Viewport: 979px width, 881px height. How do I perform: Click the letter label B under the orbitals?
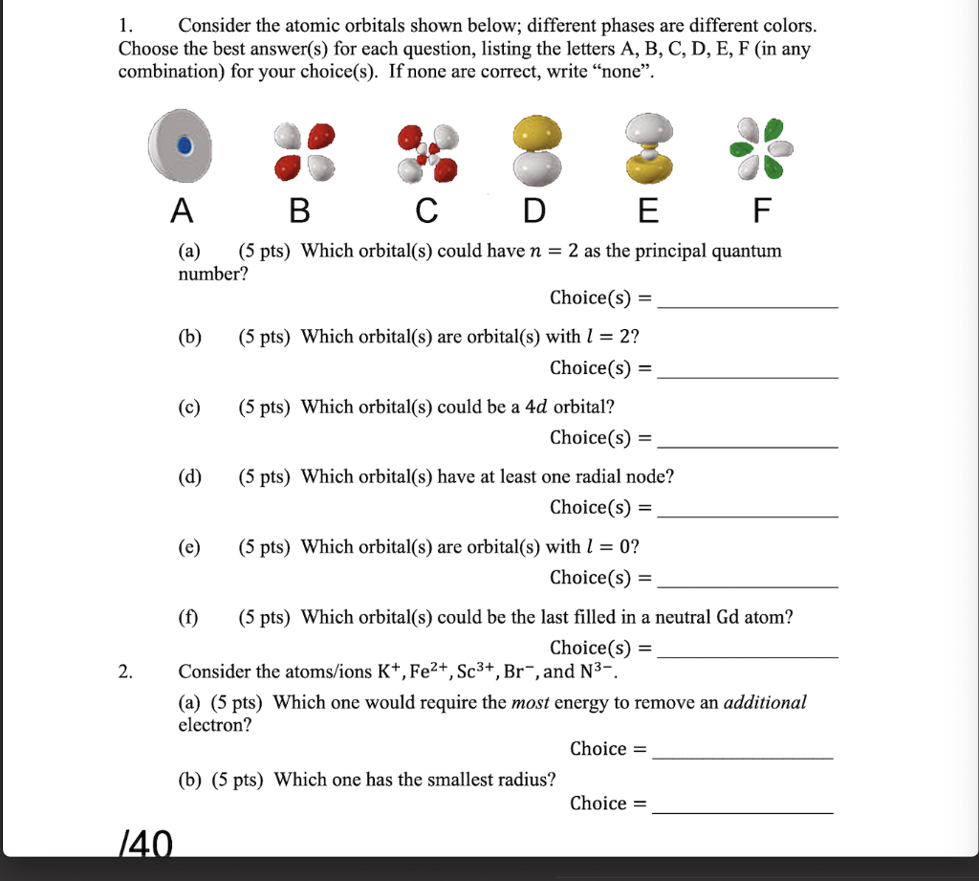[x=299, y=210]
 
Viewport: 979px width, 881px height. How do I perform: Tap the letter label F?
[x=761, y=210]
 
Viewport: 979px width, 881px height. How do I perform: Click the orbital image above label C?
[x=428, y=151]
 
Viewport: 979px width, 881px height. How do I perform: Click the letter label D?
[x=532, y=210]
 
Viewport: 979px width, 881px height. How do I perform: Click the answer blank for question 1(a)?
[x=749, y=304]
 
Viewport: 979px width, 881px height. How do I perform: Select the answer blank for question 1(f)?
[x=749, y=654]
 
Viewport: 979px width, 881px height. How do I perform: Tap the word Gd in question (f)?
[x=728, y=617]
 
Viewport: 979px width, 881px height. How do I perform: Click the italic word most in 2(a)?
[x=531, y=703]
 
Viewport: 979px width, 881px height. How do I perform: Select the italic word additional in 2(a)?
[x=765, y=703]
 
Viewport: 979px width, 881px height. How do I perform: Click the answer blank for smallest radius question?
[x=743, y=810]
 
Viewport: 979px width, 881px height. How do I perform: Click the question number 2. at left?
[x=126, y=672]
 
